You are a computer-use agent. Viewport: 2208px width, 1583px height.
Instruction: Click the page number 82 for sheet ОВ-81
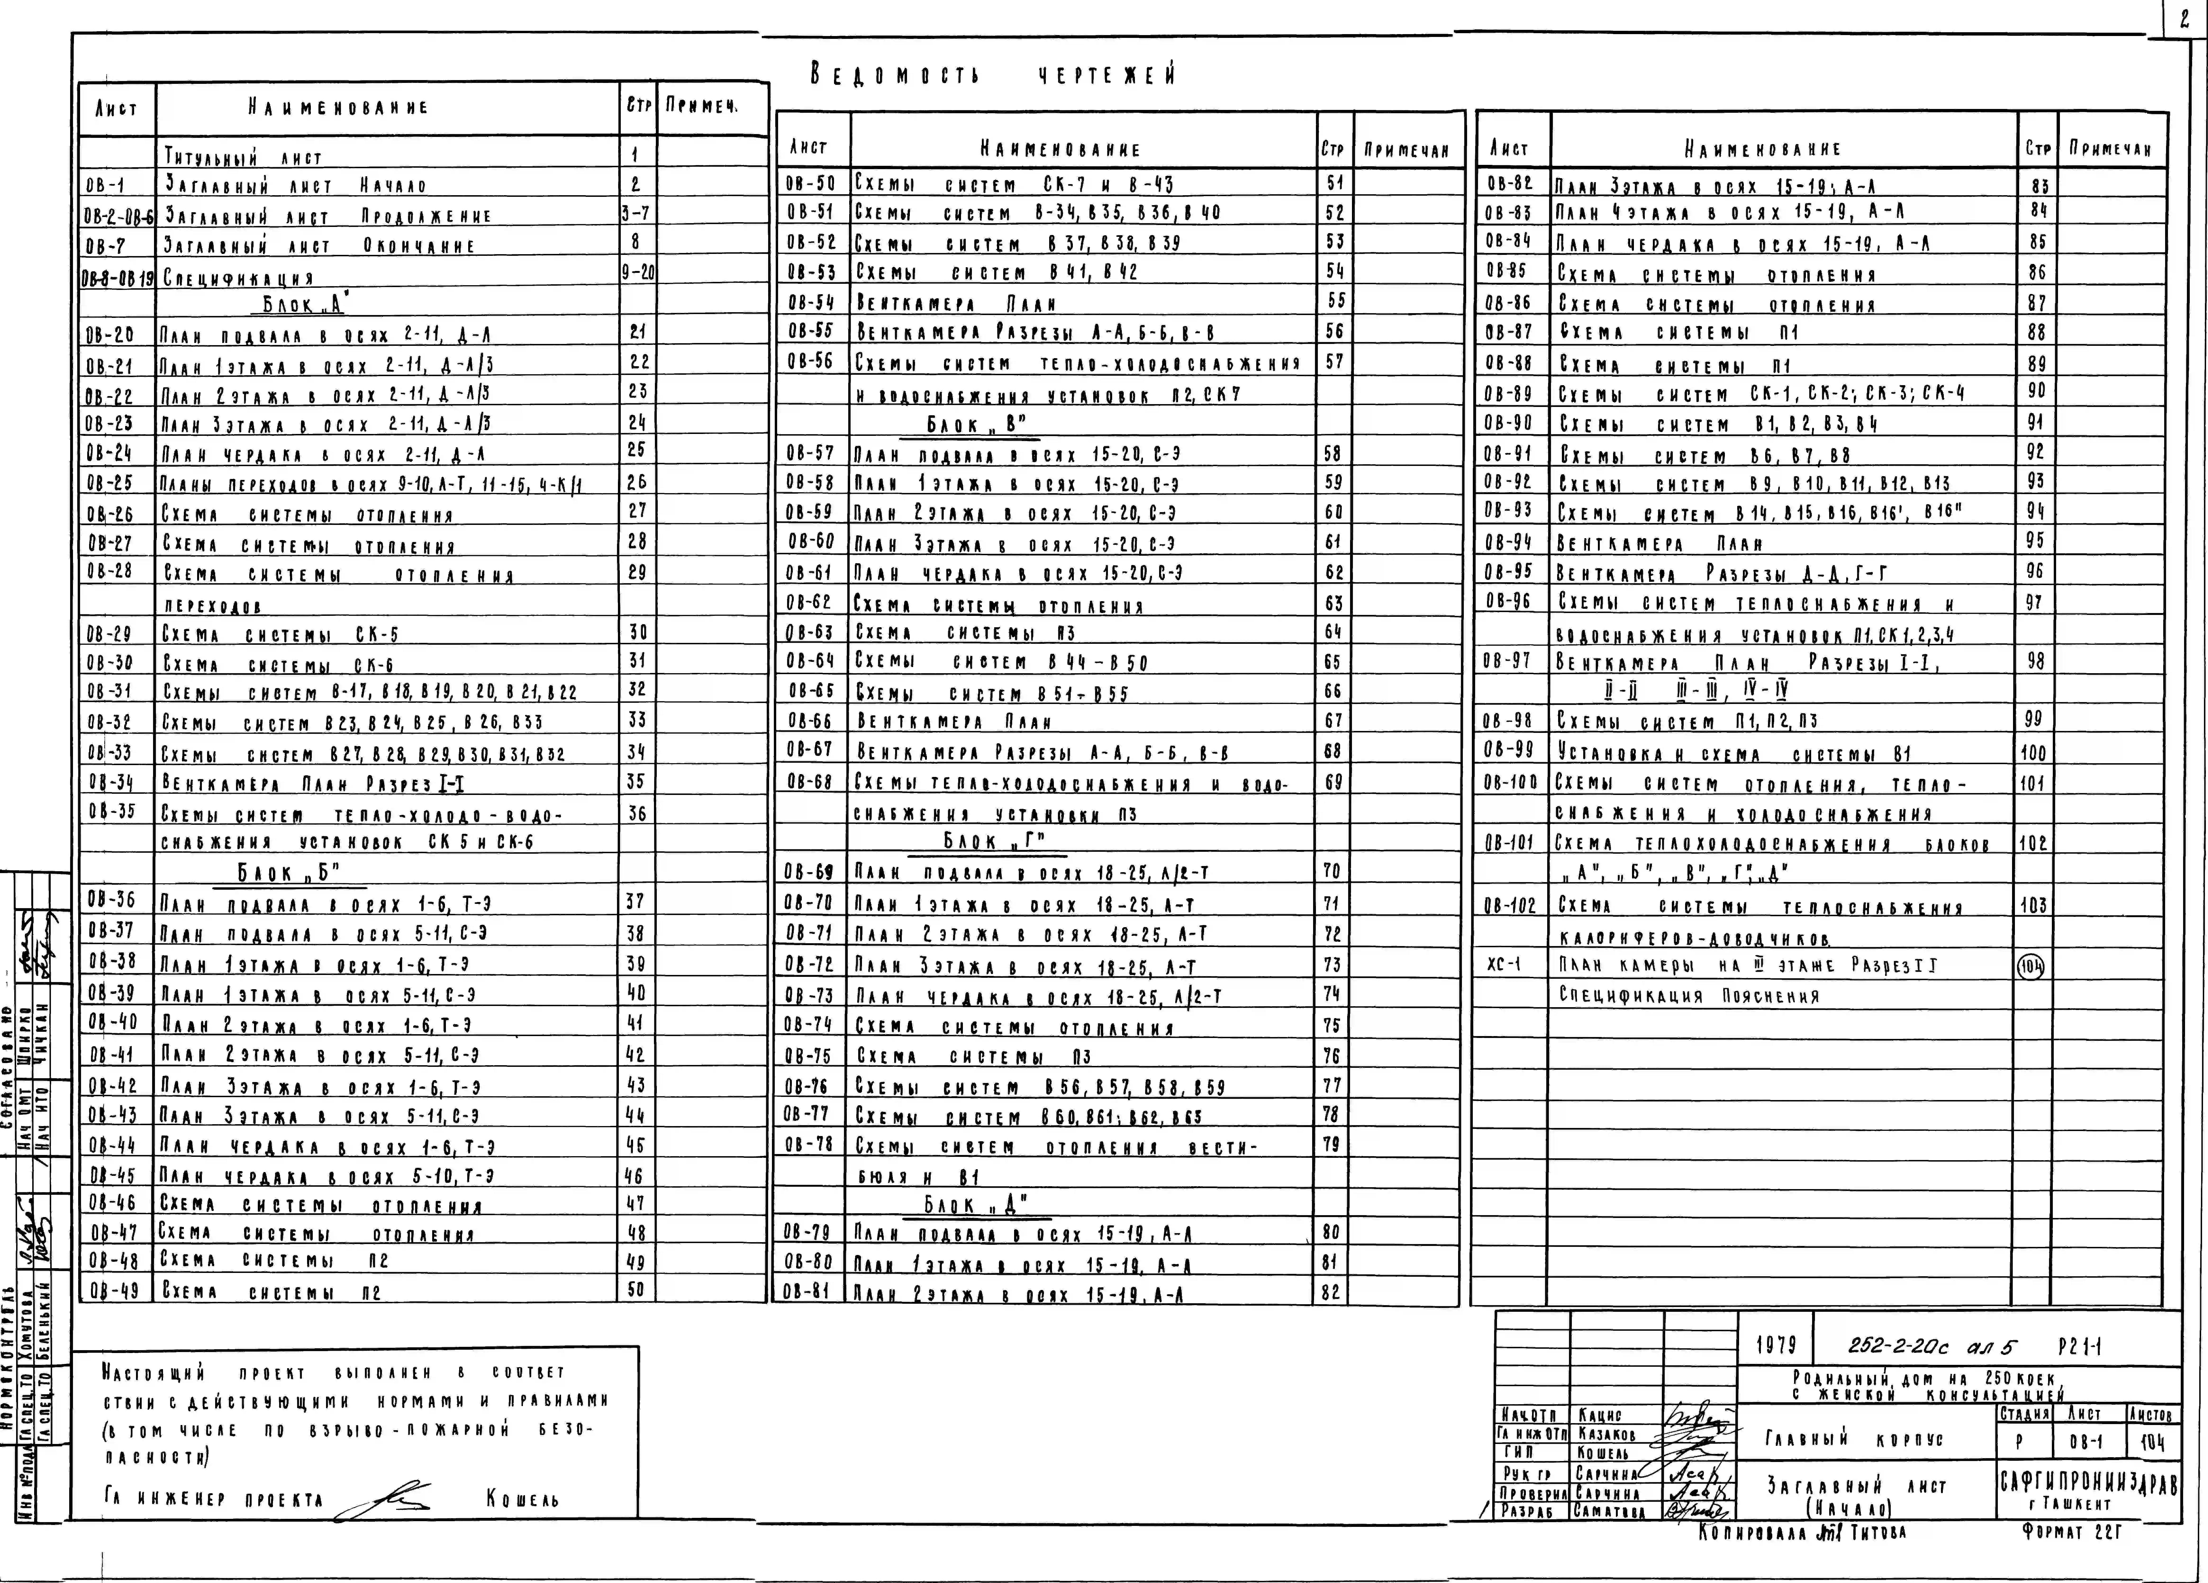(1331, 1292)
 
